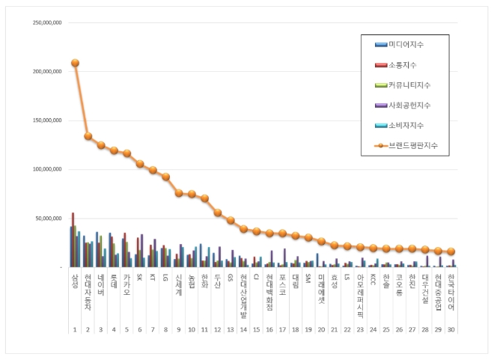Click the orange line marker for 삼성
pyautogui.click(x=75, y=63)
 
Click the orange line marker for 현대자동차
pyautogui.click(x=88, y=136)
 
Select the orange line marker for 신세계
pyautogui.click(x=179, y=193)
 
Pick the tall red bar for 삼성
pyautogui.click(x=73, y=240)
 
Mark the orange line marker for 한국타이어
pyautogui.click(x=451, y=251)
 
